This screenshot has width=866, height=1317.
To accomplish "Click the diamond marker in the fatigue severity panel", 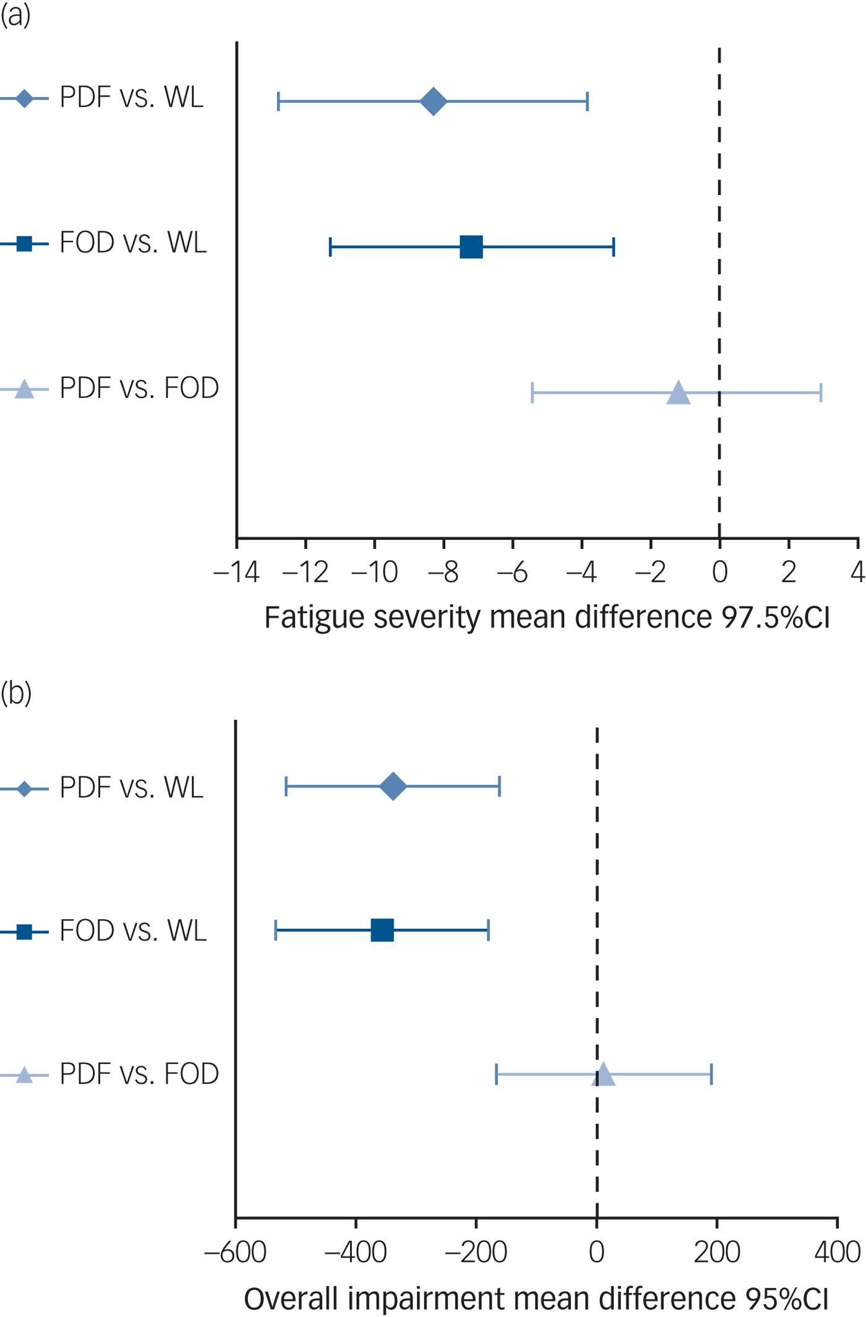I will tap(434, 101).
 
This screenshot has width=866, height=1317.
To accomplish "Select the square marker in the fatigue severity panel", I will tap(471, 247).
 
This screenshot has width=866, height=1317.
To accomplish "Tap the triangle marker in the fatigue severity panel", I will tap(679, 393).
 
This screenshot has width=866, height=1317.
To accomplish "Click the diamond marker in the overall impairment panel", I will tap(393, 787).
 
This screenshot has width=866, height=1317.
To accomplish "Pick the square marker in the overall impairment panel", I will tap(382, 930).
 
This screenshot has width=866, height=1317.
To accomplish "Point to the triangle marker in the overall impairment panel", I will tap(604, 1075).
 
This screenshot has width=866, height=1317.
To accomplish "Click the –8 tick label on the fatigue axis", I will tap(444, 572).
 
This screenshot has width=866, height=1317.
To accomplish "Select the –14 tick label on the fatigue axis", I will tap(236, 572).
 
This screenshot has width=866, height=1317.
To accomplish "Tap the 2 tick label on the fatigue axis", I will tap(788, 572).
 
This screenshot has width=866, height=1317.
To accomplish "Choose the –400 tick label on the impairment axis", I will tap(356, 1252).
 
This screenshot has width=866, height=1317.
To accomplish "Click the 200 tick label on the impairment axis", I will tap(717, 1252).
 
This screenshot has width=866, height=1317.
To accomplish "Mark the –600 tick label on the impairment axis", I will tap(235, 1252).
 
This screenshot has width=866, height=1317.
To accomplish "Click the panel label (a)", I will tap(15, 15).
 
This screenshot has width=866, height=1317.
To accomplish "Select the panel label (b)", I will tap(16, 693).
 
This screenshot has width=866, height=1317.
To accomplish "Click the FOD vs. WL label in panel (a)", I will tap(133, 243).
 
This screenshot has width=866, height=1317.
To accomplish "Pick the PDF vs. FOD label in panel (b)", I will tap(139, 1074).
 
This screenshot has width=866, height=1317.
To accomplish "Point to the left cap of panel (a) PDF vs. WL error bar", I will tap(279, 101).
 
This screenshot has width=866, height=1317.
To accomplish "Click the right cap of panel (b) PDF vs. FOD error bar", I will tap(711, 1075).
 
